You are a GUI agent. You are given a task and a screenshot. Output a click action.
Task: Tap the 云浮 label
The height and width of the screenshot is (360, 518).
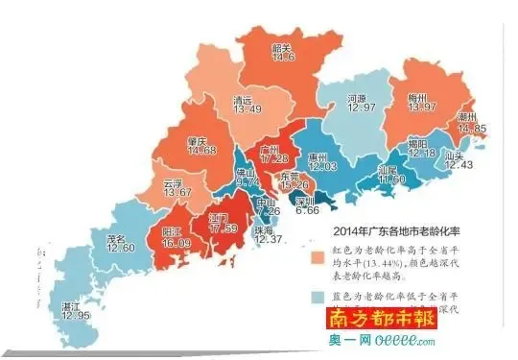click(x=173, y=182)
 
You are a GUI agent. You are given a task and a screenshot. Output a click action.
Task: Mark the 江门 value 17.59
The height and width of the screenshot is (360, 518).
click(x=223, y=228)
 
